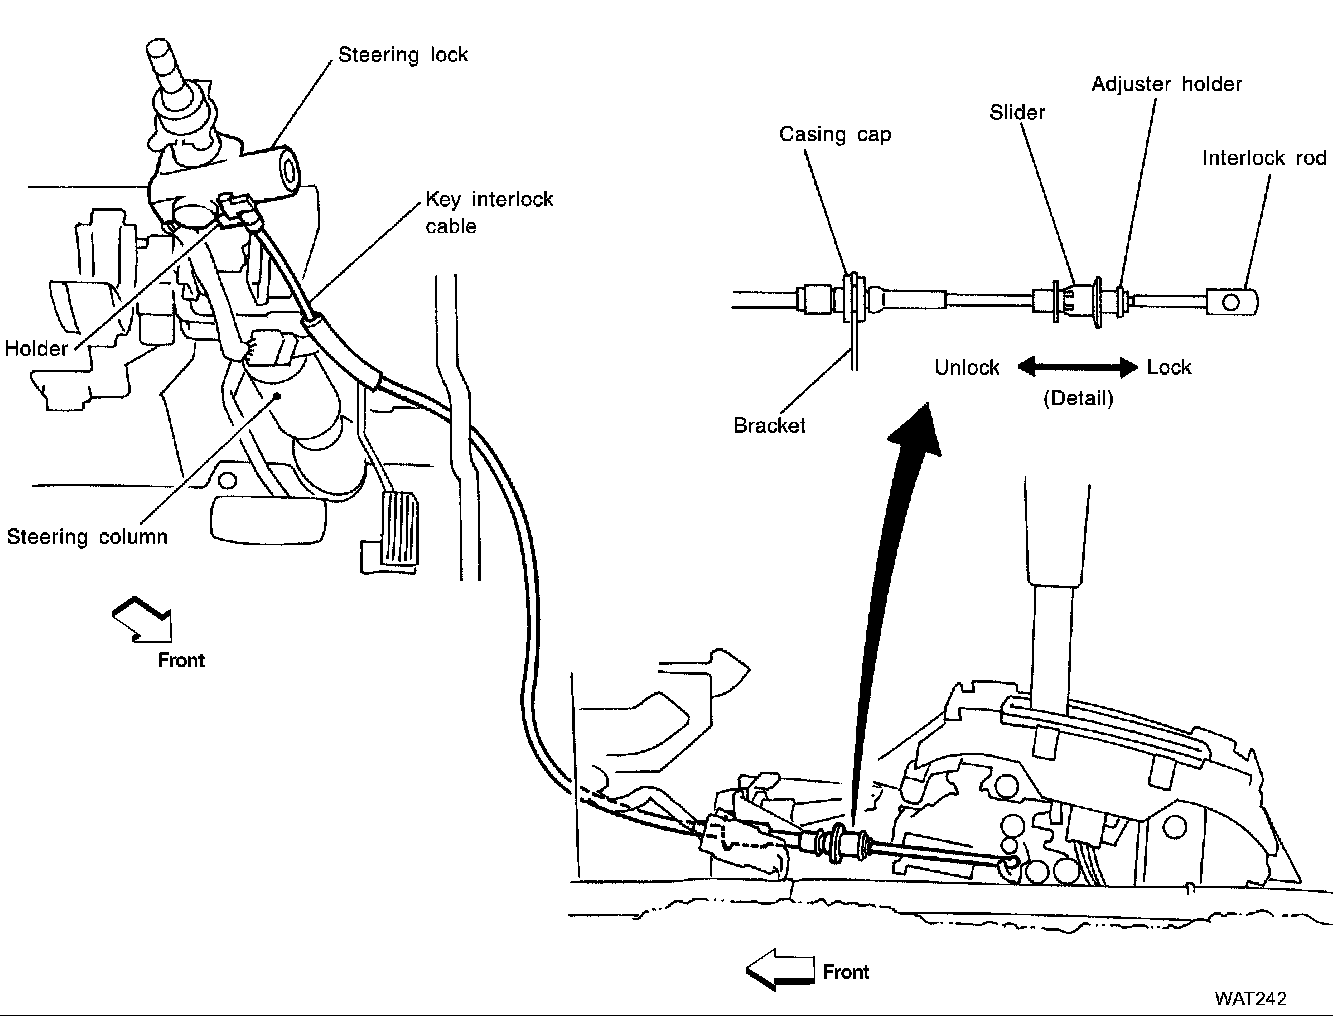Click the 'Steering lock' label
tap(403, 55)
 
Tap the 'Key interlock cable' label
tap(489, 212)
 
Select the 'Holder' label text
tap(36, 349)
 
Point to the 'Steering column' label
tap(87, 537)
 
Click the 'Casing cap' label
tap(835, 135)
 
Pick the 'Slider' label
tap(1017, 112)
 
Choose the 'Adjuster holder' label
tap(1166, 84)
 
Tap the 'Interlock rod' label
tap(1264, 158)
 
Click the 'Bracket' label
tap(769, 426)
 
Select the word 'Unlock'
tap(967, 367)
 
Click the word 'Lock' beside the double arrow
tap(1169, 367)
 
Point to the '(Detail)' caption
tap(1078, 398)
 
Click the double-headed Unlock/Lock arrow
tap(1078, 367)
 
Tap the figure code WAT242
tap(1250, 998)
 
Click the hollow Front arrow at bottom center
tap(780, 969)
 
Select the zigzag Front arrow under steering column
tap(143, 619)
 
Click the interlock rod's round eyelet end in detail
tap(1233, 299)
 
